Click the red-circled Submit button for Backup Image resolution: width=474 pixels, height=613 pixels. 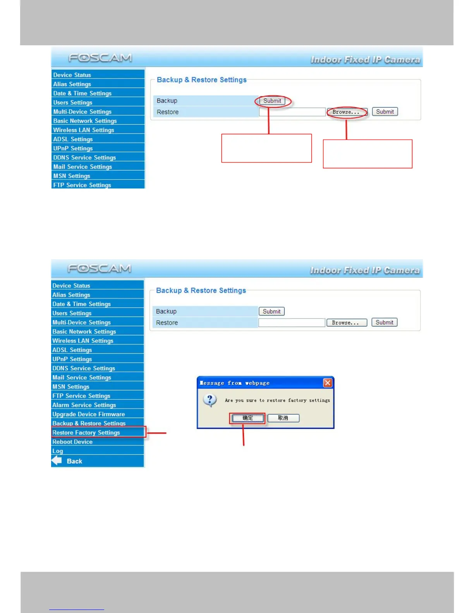(x=272, y=101)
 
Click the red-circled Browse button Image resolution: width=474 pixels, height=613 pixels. (x=346, y=112)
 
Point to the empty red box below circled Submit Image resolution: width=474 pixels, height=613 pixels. (x=266, y=148)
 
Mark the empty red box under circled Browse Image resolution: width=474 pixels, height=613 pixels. (x=368, y=154)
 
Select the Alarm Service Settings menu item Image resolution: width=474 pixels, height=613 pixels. (x=84, y=405)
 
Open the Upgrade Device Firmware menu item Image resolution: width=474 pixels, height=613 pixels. (x=88, y=414)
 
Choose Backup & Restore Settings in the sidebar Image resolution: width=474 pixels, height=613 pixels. (x=89, y=423)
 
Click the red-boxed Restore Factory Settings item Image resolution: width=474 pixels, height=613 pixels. (x=86, y=432)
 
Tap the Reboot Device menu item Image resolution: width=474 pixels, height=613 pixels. (x=72, y=442)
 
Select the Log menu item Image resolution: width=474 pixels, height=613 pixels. (x=58, y=451)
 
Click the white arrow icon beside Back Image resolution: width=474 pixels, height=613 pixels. (x=57, y=461)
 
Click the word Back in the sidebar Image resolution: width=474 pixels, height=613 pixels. (x=74, y=461)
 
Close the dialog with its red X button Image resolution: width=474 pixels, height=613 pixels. (x=328, y=383)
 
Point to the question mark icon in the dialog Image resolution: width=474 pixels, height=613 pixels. (x=210, y=400)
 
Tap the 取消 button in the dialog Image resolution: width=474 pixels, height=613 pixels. (x=283, y=418)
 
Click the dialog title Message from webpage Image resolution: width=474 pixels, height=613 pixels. (x=235, y=383)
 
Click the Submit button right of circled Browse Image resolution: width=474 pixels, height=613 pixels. (x=385, y=112)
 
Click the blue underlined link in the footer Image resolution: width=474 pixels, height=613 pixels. (x=77, y=610)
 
